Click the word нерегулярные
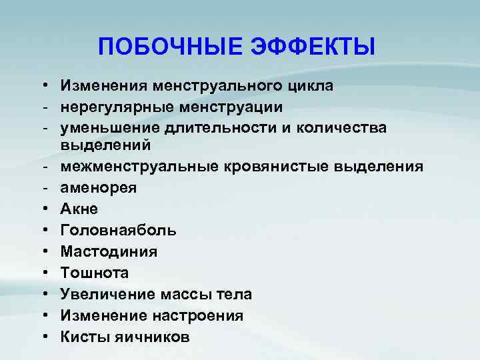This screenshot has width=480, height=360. tap(115, 107)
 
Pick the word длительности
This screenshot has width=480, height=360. tap(208, 129)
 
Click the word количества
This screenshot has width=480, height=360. tap(324, 129)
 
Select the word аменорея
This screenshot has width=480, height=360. tap(99, 187)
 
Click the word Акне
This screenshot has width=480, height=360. tap(79, 209)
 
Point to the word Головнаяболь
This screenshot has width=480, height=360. tap(118, 231)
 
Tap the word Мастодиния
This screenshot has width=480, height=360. tap(109, 252)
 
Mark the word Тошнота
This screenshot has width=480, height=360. tap(94, 273)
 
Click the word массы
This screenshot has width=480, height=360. tap(191, 295)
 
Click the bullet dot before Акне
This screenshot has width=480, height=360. tap(42, 209)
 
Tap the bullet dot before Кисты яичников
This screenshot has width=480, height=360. tap(42, 337)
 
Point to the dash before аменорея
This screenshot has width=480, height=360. tap(42, 187)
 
